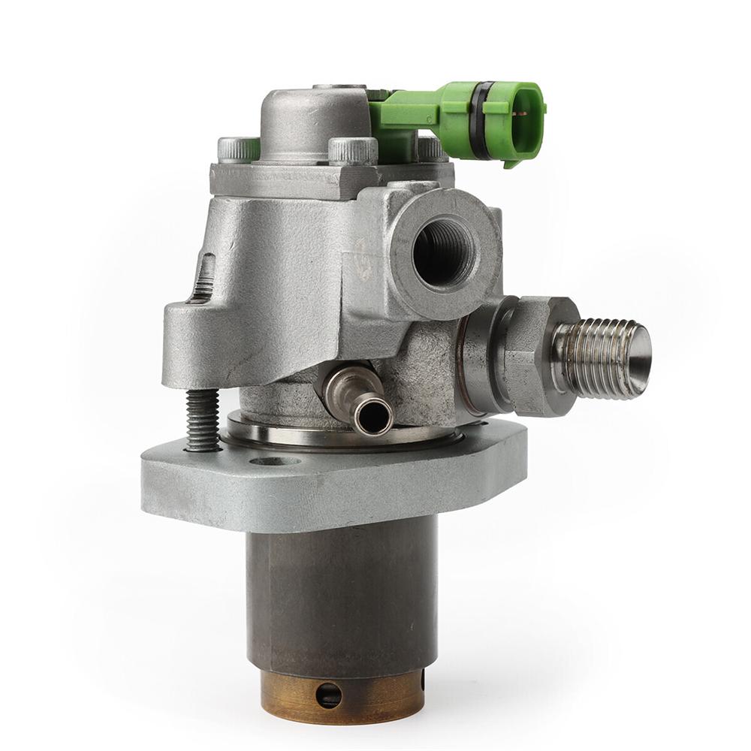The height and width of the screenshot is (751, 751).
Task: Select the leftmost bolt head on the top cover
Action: tap(238, 149)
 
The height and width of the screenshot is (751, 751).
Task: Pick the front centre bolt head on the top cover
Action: tap(352, 150)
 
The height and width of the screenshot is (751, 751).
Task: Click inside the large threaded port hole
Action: tap(443, 251)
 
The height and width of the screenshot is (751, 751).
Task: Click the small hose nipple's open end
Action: tap(373, 415)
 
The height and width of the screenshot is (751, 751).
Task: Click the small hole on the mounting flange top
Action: tap(275, 460)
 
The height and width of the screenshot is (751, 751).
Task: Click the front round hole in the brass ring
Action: tap(328, 695)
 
